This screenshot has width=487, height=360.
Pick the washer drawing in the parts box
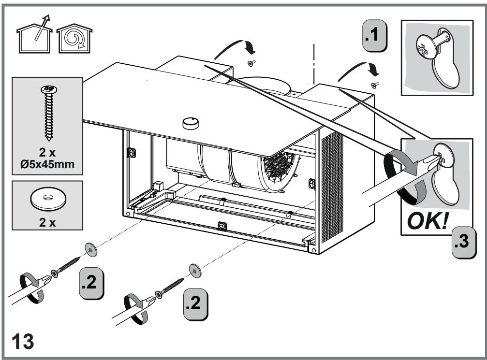pos(47,199)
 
